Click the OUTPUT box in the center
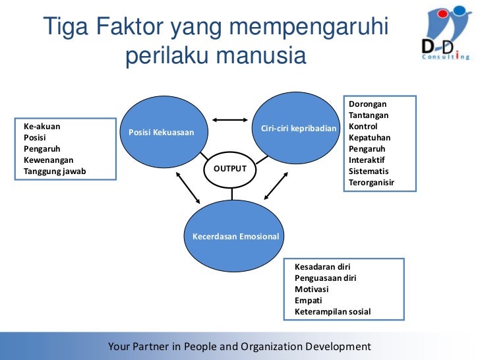(230, 169)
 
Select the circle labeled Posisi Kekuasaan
(161, 133)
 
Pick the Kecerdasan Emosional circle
(235, 236)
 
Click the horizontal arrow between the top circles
(229, 120)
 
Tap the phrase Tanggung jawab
(55, 171)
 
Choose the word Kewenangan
(49, 160)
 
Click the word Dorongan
(368, 104)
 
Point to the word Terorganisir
(371, 182)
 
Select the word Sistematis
(369, 171)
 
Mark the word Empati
(308, 300)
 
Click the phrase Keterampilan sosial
(333, 311)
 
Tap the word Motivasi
(312, 289)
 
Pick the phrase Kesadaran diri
(322, 267)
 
